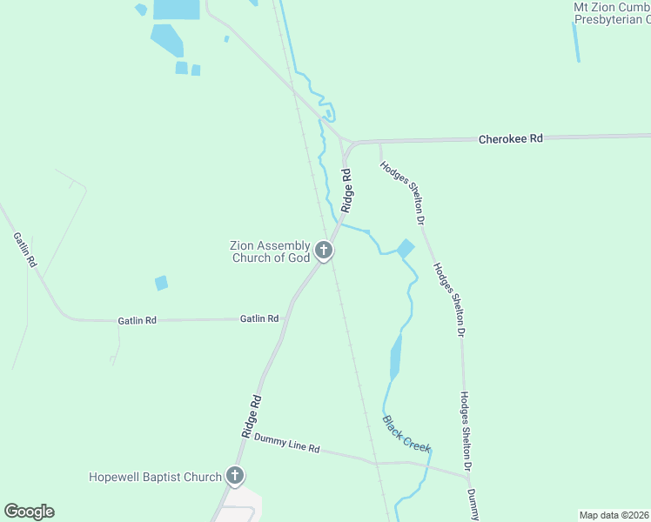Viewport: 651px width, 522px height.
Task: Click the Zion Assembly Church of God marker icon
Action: click(324, 252)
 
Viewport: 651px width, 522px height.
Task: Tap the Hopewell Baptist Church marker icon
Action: click(234, 476)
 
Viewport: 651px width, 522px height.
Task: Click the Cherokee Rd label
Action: click(511, 138)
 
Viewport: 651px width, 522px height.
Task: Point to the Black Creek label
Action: click(406, 433)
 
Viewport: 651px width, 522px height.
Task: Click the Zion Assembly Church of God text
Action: click(270, 252)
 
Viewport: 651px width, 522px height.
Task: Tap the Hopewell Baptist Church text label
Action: click(156, 477)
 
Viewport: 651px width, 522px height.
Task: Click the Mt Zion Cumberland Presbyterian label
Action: click(611, 13)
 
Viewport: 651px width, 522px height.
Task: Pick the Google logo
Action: click(29, 512)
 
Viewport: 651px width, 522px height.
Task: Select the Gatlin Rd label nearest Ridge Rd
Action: click(259, 319)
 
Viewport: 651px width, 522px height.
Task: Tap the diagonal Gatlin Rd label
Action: click(24, 249)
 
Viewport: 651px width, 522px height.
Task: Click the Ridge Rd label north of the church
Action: click(347, 191)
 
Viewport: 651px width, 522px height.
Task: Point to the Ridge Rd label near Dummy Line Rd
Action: click(251, 416)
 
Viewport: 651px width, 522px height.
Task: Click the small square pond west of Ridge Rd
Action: click(161, 283)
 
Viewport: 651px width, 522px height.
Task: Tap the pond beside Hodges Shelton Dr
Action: click(406, 249)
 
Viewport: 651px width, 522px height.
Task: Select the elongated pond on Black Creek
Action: click(396, 357)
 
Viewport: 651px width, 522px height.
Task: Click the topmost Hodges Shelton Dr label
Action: click(402, 192)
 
